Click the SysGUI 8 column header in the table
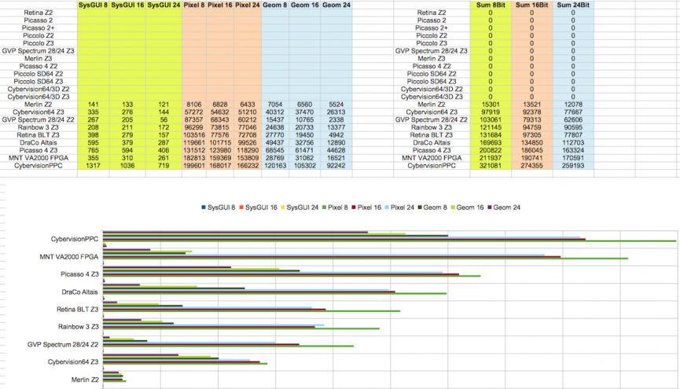94,5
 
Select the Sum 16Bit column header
531,5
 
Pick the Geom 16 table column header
305,5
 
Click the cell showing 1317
94,166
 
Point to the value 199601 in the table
197,166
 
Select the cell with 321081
490,166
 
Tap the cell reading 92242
336,166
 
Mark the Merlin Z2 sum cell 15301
490,104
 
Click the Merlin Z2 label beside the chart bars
84,380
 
